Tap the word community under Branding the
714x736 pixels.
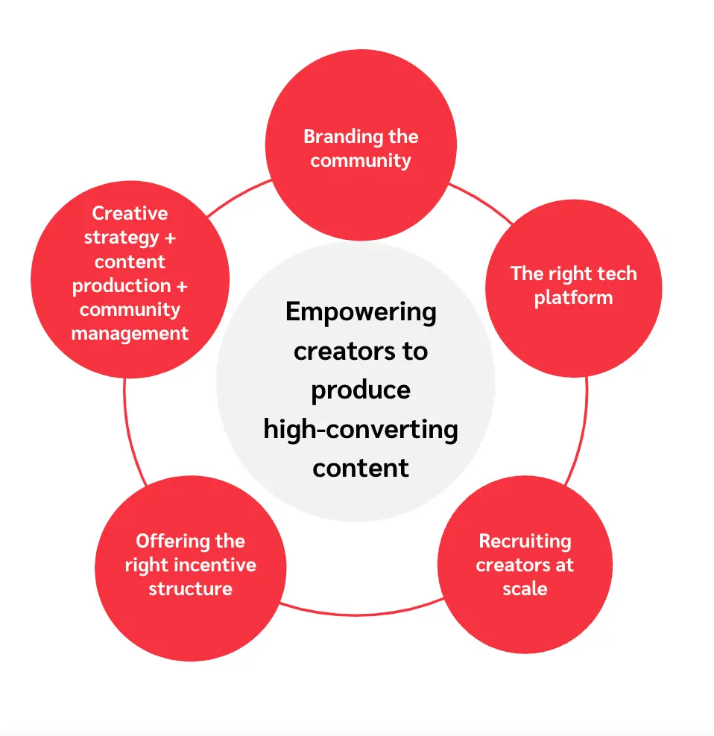point(361,160)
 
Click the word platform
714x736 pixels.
point(573,297)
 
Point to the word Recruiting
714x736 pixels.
point(525,541)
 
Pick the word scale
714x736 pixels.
point(525,589)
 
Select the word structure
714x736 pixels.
point(190,589)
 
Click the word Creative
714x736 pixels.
point(130,214)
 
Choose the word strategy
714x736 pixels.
point(121,238)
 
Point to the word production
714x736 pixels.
point(121,285)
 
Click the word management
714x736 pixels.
point(130,333)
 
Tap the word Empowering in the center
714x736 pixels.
point(361,311)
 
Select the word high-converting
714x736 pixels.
point(361,429)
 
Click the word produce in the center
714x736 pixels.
point(361,390)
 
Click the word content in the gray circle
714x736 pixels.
point(361,468)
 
